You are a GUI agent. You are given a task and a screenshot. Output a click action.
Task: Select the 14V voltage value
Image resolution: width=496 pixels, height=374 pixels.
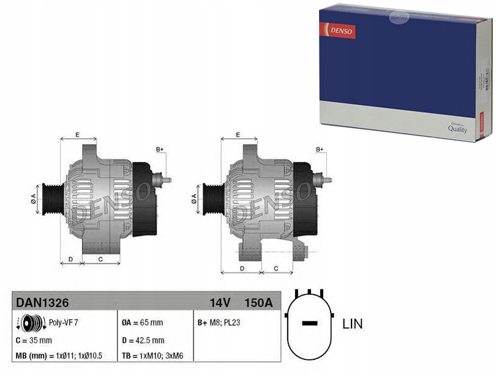coord(219,302)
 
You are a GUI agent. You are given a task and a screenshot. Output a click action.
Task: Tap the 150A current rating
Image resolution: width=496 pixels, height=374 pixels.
coord(258,302)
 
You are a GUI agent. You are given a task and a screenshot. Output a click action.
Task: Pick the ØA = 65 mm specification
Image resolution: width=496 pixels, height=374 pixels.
coord(143,322)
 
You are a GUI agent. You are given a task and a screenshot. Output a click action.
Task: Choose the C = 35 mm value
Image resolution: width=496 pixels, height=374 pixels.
coord(33,340)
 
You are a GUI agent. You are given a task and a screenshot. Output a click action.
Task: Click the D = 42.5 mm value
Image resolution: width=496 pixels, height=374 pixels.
coord(143,340)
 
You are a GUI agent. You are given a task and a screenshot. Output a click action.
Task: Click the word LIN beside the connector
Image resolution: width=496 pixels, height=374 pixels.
coord(352,324)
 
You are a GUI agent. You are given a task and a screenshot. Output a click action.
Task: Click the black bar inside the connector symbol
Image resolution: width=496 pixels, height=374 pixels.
coord(310,323)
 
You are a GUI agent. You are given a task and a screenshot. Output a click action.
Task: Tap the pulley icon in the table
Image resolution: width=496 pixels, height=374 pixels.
coord(30,322)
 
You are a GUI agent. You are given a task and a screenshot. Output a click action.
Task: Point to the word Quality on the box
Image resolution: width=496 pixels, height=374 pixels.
coord(457,129)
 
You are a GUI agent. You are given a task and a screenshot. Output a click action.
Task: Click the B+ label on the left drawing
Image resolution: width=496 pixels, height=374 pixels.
coord(160,150)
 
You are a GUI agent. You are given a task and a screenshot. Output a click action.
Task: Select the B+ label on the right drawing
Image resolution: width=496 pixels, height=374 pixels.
coord(320,150)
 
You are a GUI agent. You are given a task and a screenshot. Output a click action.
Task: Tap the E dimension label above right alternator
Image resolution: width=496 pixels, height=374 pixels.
coord(238,134)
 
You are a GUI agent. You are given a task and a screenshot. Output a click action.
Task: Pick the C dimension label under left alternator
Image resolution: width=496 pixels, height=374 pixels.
coord(99,259)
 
